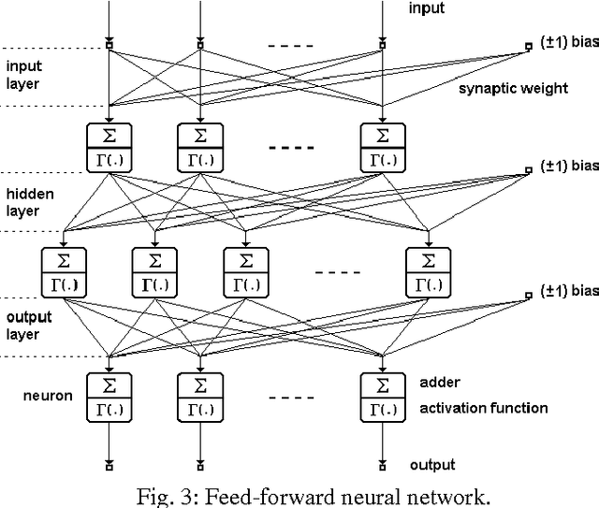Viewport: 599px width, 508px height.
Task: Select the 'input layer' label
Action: pos(24,75)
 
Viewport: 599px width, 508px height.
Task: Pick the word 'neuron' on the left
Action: pos(48,396)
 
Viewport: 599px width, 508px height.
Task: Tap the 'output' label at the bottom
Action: pos(432,465)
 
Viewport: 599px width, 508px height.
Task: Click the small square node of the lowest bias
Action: pos(530,296)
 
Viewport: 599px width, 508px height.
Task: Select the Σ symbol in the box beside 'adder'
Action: pos(382,385)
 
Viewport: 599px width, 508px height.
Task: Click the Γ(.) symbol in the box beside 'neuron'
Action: pos(110,408)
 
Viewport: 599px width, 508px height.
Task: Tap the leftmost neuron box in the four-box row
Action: pos(64,269)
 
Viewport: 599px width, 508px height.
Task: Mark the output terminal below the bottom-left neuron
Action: pos(110,465)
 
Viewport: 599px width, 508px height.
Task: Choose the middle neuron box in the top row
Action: pos(200,144)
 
